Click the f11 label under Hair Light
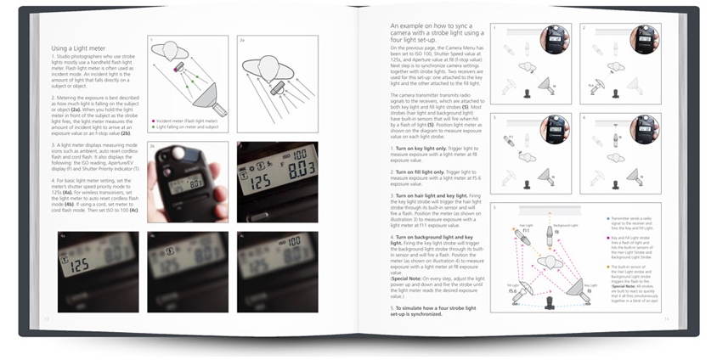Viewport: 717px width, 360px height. (526, 231)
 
